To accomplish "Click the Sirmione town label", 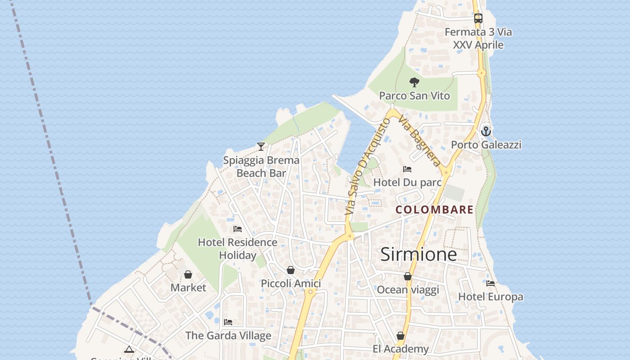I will (418, 255).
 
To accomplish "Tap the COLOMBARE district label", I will (434, 210).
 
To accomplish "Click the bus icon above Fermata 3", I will (478, 18).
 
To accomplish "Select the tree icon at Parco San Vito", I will (414, 82).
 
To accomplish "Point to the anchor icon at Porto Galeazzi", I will (486, 131).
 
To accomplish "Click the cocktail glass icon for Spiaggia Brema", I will (261, 147).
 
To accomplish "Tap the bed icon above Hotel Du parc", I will (407, 169).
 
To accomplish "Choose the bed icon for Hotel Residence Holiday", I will (238, 229).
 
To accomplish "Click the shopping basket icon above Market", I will (188, 274).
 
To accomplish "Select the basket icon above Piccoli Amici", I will (291, 270).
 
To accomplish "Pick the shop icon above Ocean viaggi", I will (408, 276).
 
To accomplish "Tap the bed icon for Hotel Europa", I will (490, 283).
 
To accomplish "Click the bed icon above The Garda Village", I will (228, 322).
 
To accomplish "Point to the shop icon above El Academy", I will (400, 336).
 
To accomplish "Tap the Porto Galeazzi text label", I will (486, 144).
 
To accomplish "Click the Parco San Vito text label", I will (414, 95).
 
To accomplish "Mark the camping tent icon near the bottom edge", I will (129, 350).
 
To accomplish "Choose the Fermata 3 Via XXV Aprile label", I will (478, 38).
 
